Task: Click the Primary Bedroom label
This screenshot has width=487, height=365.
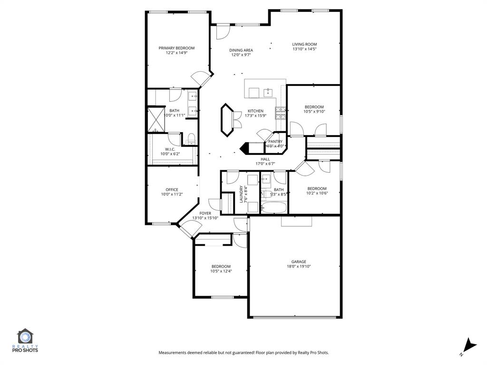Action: (176, 48)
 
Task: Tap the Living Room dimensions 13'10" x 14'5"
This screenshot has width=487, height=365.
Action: (304, 49)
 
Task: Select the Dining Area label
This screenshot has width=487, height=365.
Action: (241, 50)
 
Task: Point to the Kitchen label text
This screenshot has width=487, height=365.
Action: (255, 111)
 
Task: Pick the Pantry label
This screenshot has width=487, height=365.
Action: (275, 141)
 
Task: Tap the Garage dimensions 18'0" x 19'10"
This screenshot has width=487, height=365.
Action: (299, 267)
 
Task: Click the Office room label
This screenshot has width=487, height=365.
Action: (172, 190)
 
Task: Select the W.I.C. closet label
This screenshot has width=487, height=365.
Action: (171, 149)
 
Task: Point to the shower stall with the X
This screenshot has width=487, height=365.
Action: (156, 119)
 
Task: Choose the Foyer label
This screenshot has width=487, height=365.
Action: (205, 213)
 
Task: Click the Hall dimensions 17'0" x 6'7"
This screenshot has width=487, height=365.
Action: (265, 164)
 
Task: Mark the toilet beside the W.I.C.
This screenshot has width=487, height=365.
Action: (192, 139)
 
